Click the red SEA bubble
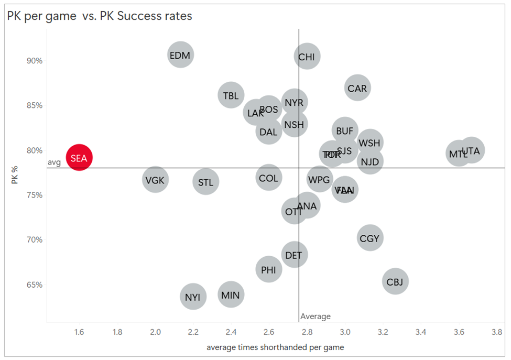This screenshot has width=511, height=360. tap(79, 158)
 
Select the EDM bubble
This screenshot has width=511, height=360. tap(180, 55)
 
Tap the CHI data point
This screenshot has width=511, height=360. tap(307, 57)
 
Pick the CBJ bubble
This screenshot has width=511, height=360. tap(395, 282)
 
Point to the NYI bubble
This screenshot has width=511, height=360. tap(192, 297)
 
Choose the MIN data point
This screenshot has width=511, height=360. tap(231, 294)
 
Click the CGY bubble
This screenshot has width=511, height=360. tap(369, 238)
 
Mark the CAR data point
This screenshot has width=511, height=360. tap(357, 89)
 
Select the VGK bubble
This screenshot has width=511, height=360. tap(155, 180)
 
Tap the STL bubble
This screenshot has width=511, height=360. tap(205, 182)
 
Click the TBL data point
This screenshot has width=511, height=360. tap(231, 95)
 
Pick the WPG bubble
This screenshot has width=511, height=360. tap(319, 180)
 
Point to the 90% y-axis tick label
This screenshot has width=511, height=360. tap(35, 61)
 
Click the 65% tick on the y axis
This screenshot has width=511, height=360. tap(35, 285)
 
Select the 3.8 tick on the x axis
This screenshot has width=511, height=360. tap(496, 332)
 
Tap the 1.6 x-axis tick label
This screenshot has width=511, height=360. tap(79, 332)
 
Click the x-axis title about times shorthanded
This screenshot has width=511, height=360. tap(275, 347)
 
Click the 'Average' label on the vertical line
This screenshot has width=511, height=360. tap(316, 317)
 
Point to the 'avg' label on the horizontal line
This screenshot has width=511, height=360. tap(55, 162)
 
